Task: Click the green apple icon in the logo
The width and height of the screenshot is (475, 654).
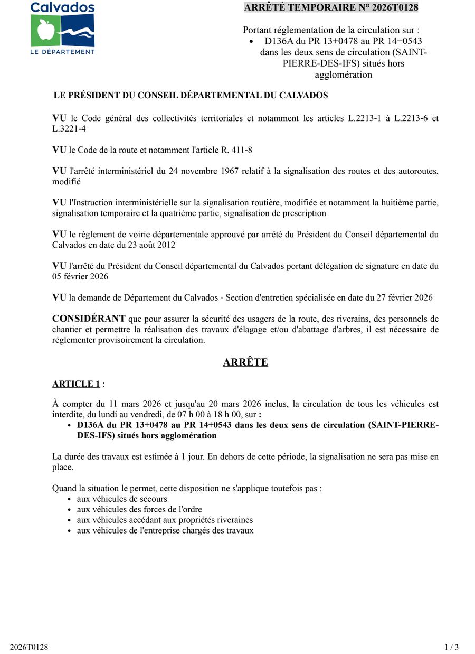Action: tap(45, 31)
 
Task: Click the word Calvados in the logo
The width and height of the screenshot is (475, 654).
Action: tap(62, 7)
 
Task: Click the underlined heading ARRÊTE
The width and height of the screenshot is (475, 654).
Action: tap(245, 362)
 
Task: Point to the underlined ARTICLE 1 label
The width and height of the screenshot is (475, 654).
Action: tap(76, 384)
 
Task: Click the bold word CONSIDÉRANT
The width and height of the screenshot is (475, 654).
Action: tap(89, 319)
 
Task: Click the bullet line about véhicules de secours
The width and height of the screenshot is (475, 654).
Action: tap(122, 499)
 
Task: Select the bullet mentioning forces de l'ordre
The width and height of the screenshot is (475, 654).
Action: tap(139, 510)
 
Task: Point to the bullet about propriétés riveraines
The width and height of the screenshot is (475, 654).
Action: tap(165, 520)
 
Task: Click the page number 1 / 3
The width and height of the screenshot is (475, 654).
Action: tap(452, 647)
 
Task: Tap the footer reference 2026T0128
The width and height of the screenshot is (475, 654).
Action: tap(29, 647)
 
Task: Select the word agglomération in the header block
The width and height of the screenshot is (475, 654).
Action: tap(343, 75)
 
